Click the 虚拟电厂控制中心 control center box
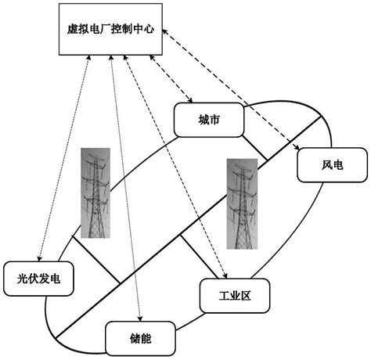(110, 29)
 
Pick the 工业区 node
(235, 295)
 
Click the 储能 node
(140, 338)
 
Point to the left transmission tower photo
(96, 196)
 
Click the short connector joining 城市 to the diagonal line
(254, 148)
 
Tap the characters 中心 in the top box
(145, 30)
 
